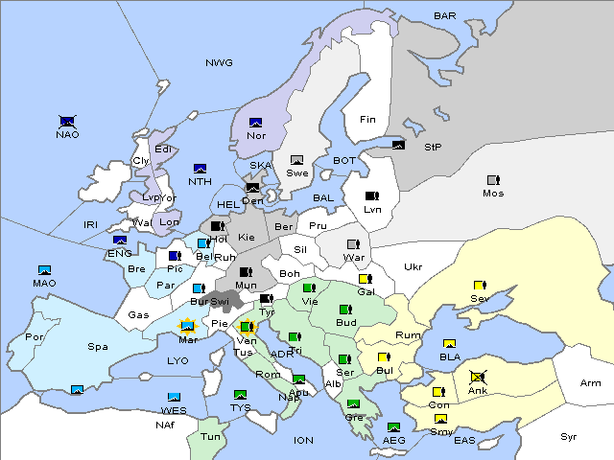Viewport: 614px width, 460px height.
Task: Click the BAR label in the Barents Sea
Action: coord(445,16)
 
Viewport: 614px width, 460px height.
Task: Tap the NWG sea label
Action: coord(219,63)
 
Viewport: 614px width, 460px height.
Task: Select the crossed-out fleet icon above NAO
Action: coord(66,122)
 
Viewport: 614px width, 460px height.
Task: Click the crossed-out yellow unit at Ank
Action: coord(478,378)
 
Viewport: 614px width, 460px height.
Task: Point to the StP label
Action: coord(433,148)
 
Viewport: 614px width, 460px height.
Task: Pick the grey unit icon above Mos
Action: coord(493,180)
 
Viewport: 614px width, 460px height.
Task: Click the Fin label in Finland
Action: coord(367,120)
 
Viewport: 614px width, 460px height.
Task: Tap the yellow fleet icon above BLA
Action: coord(449,344)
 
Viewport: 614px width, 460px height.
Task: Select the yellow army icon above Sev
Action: coord(480,286)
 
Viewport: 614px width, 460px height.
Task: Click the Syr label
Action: coord(569,436)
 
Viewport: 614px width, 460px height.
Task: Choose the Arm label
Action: coord(591,383)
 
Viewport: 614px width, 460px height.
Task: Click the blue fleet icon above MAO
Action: coord(45,270)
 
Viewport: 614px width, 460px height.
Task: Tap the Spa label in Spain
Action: coord(98,346)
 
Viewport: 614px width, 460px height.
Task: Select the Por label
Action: coord(35,337)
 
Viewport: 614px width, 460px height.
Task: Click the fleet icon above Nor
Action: coord(256,123)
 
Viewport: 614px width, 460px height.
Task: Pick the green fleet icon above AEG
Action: coord(393,427)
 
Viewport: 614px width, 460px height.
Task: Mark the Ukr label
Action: coord(413,267)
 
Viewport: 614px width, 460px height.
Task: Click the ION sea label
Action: coord(303,440)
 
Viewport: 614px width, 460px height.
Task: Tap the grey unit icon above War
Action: coord(353,244)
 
